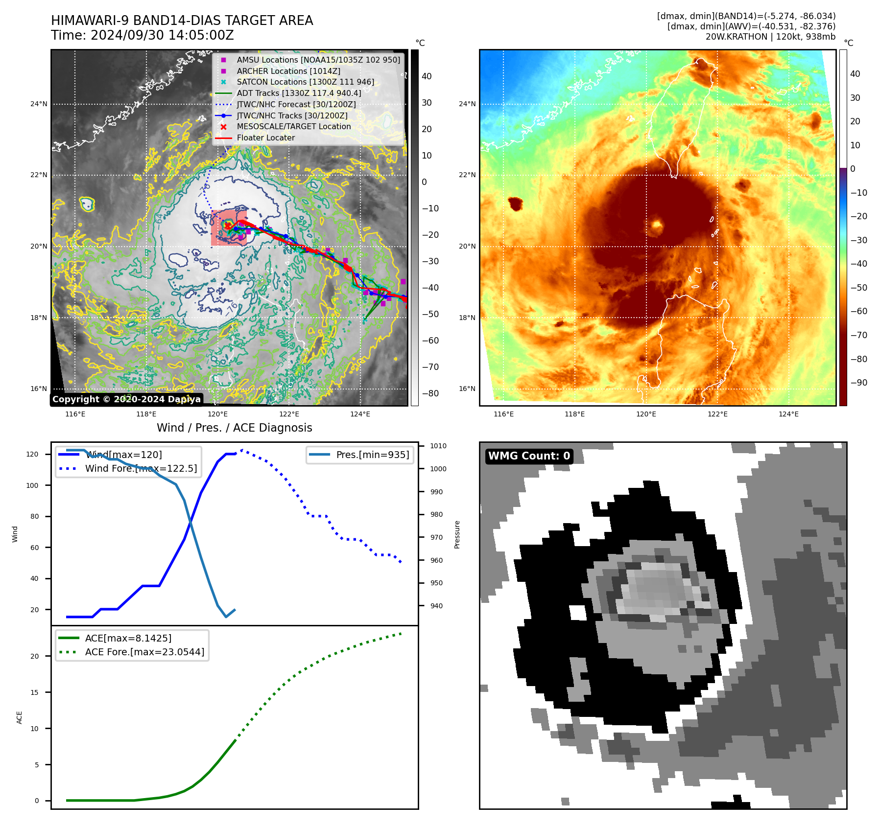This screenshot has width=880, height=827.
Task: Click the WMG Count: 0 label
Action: point(529,456)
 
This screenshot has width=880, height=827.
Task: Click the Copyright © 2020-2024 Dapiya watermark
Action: point(126,399)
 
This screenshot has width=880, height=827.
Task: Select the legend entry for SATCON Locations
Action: point(305,82)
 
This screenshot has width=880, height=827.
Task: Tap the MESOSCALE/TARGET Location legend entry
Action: point(293,127)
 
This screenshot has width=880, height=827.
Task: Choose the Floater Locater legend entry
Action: point(265,138)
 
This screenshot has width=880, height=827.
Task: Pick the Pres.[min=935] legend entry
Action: point(372,455)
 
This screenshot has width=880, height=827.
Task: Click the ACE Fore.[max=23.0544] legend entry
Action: point(144,652)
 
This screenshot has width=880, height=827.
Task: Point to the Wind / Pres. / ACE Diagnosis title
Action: point(234,428)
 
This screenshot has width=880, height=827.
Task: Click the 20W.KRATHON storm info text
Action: point(770,37)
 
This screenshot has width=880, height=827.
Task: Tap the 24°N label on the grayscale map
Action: point(39,104)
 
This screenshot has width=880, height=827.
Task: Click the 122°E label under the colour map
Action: point(717,414)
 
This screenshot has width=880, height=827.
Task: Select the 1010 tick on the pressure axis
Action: point(438,446)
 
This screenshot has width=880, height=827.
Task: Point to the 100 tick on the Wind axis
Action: point(32,485)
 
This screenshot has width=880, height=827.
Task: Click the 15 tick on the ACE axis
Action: point(34,692)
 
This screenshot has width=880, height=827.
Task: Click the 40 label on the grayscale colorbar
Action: point(427,76)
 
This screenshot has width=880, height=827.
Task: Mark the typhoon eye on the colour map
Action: point(657,225)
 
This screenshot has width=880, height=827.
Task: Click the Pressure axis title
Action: point(457,534)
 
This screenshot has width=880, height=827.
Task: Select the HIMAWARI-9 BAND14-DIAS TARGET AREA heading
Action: point(182,21)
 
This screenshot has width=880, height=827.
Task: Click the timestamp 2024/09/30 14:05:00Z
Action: point(162,36)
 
